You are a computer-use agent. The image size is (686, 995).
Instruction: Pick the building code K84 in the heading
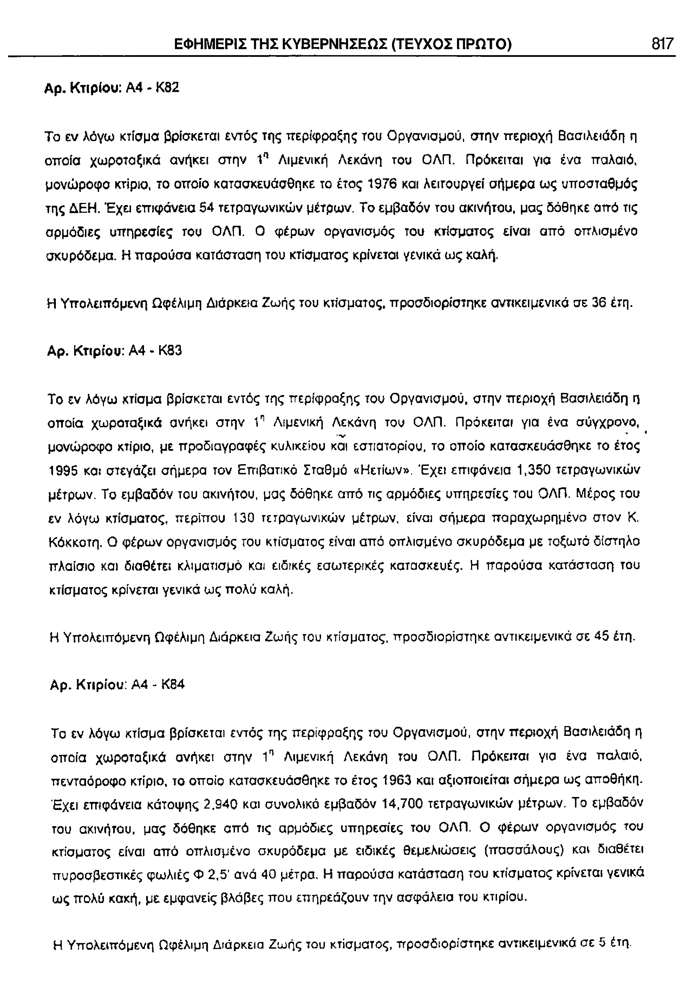tap(173, 684)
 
